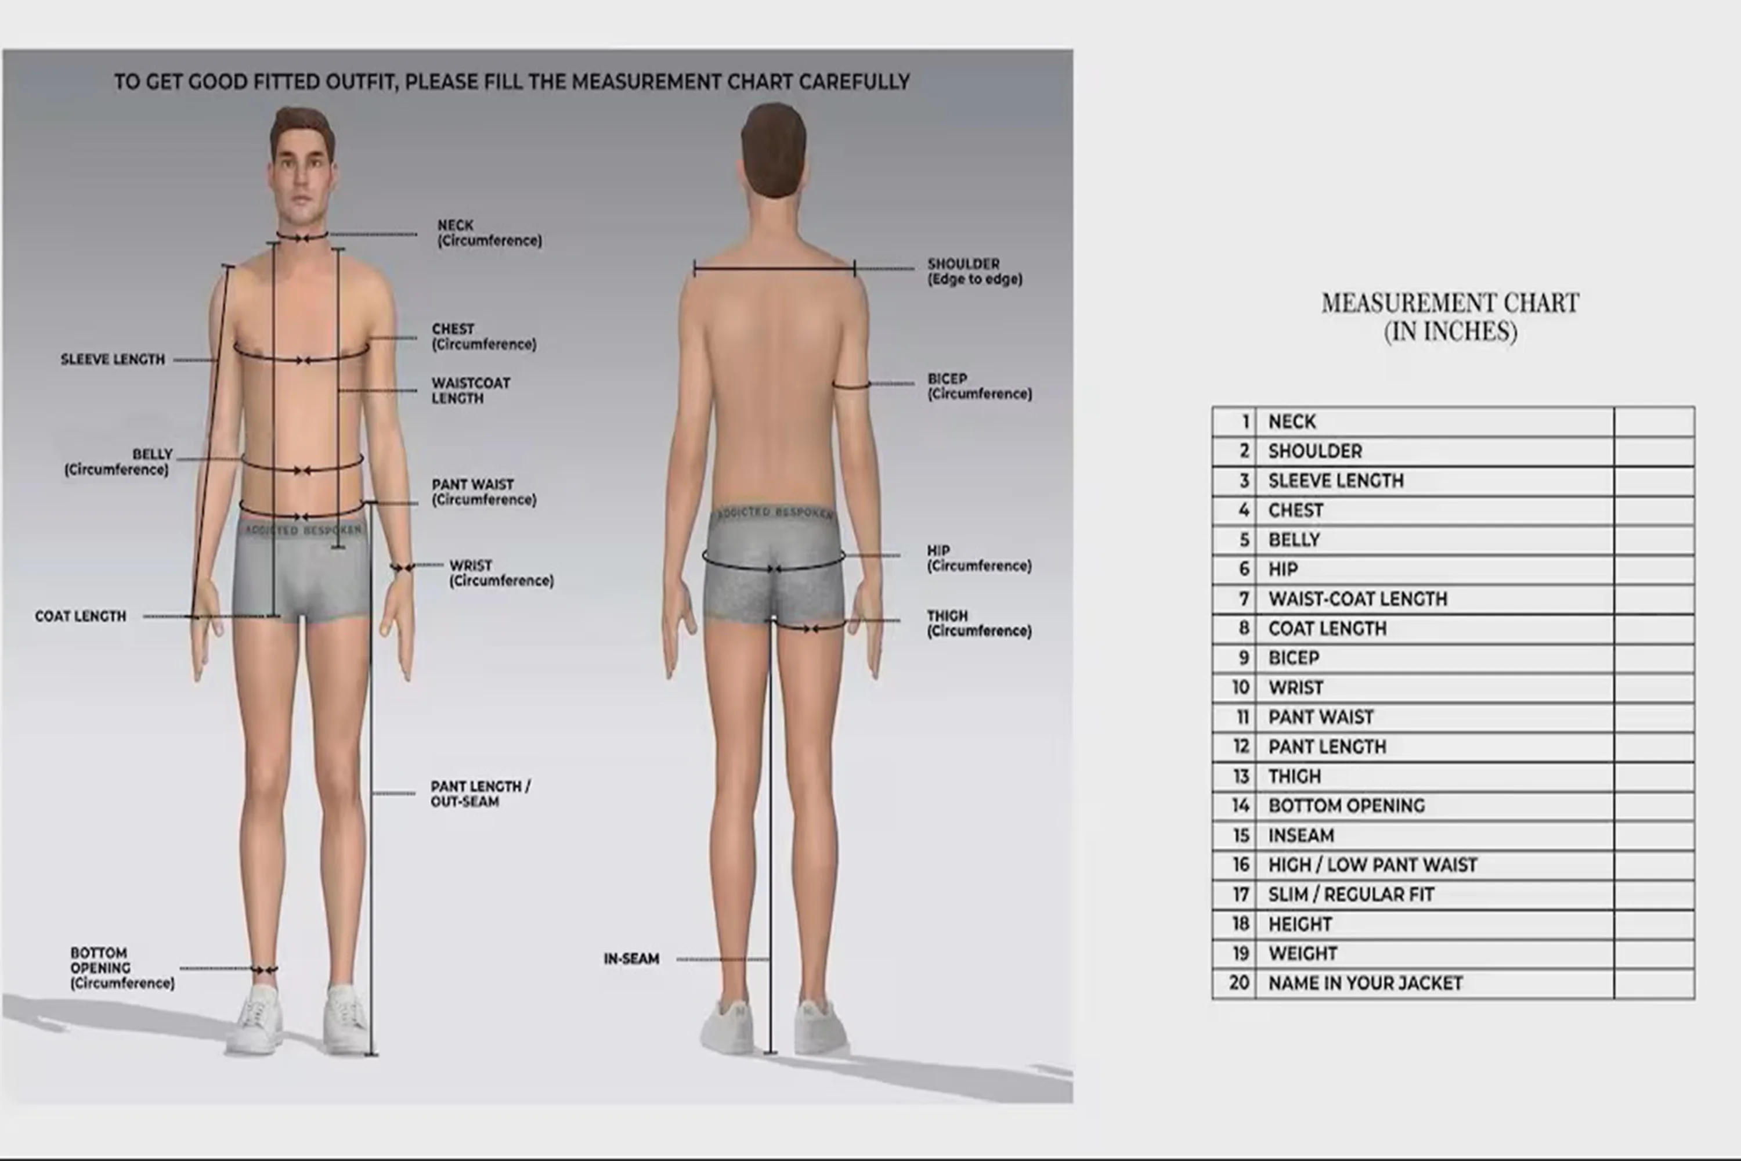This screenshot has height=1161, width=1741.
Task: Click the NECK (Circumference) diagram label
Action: pyautogui.click(x=489, y=233)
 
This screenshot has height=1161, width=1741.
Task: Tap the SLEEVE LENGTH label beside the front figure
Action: pyautogui.click(x=113, y=360)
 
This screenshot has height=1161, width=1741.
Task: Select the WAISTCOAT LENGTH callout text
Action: pyautogui.click(x=471, y=390)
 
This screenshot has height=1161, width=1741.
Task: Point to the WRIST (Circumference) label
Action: pyautogui.click(x=501, y=573)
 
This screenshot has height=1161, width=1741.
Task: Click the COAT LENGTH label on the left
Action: pyautogui.click(x=81, y=616)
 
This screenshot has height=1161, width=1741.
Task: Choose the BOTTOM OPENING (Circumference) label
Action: pyautogui.click(x=122, y=968)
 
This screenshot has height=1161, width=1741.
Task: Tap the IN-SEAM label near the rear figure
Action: pyautogui.click(x=631, y=959)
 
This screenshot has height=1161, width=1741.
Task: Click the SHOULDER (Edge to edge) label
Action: pyautogui.click(x=974, y=271)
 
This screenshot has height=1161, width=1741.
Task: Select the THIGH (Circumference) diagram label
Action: pyautogui.click(x=978, y=623)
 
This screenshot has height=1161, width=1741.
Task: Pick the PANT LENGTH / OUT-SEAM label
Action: pyautogui.click(x=480, y=794)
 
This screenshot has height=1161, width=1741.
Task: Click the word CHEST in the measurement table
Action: pyautogui.click(x=1295, y=510)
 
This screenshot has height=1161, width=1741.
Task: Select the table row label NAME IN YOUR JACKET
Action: pyautogui.click(x=1365, y=983)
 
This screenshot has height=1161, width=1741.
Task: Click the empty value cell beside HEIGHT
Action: pyautogui.click(x=1653, y=924)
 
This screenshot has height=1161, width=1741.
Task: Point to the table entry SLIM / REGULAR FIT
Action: pyautogui.click(x=1351, y=895)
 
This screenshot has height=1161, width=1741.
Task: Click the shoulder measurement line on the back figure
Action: pyautogui.click(x=774, y=269)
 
